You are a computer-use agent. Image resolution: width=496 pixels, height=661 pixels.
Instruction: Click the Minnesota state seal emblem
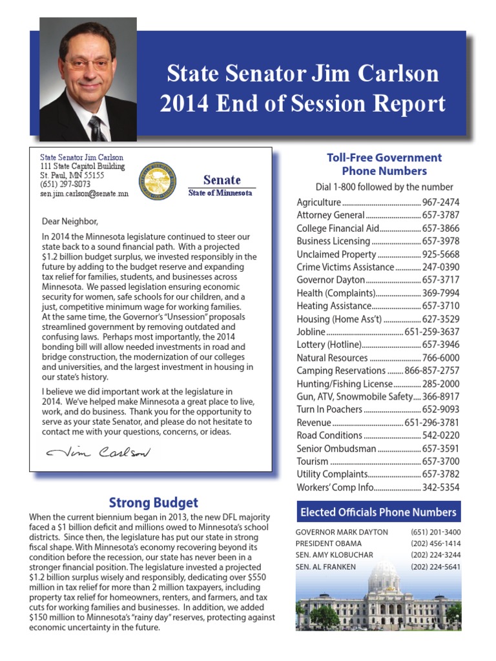click(158, 179)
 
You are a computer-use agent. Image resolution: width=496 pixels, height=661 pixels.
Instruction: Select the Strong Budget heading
click(153, 502)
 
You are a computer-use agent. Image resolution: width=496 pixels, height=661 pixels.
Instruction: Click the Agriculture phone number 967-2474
click(440, 202)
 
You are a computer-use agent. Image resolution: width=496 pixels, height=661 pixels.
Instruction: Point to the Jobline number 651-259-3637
click(432, 332)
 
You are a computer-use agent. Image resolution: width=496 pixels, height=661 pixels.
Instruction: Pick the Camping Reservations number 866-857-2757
click(432, 371)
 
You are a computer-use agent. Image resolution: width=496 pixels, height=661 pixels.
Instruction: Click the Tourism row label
click(313, 462)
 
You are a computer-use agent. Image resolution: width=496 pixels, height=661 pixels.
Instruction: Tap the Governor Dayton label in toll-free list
click(331, 280)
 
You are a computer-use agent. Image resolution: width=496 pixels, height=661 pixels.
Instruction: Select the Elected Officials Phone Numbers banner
click(378, 513)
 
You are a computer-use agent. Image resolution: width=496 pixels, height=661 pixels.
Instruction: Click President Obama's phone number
click(435, 544)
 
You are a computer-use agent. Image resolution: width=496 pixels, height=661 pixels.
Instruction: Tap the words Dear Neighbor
click(70, 221)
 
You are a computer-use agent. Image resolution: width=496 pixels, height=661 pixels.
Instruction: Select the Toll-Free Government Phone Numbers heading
click(384, 164)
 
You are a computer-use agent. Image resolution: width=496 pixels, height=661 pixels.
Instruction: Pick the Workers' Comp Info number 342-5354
click(440, 487)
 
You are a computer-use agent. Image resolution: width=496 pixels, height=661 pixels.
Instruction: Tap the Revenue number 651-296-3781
click(432, 423)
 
